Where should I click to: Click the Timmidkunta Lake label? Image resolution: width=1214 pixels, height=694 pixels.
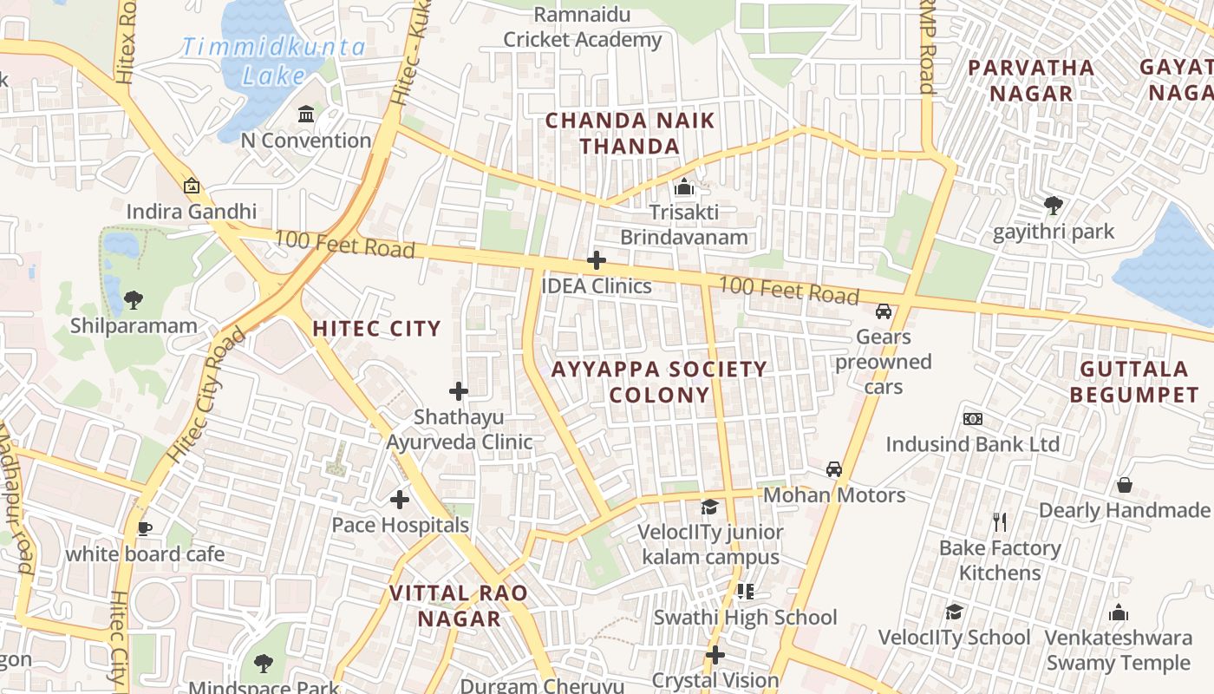[x=273, y=60]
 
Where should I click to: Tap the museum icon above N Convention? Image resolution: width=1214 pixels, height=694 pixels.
[x=306, y=115]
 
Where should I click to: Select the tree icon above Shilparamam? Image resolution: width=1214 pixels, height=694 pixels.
[x=134, y=300]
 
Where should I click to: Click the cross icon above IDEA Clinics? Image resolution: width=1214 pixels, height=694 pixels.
[x=596, y=260]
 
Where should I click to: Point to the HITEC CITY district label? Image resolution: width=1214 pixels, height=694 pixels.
[x=376, y=329]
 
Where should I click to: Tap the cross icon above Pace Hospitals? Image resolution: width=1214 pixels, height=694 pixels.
[x=399, y=500]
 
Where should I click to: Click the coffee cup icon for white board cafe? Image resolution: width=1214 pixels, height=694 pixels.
[x=145, y=528]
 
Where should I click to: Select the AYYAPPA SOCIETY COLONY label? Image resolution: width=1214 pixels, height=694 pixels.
[x=659, y=382]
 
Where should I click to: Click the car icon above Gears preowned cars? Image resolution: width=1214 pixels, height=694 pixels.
[x=884, y=311]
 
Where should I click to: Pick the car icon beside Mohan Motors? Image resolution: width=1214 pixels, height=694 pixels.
[x=834, y=469]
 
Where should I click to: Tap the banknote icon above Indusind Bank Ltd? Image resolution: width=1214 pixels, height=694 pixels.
[x=972, y=419]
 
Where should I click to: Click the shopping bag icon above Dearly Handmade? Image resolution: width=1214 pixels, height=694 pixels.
[x=1125, y=484]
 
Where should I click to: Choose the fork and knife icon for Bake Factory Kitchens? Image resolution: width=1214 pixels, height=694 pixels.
[x=1000, y=521]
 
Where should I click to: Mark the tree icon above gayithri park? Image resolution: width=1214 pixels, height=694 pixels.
[x=1054, y=206]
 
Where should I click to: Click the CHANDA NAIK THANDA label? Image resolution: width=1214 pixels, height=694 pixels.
[x=630, y=133]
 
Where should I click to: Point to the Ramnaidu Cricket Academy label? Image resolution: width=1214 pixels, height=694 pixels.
[x=583, y=27]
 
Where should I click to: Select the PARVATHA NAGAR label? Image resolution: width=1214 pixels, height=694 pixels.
[x=1031, y=80]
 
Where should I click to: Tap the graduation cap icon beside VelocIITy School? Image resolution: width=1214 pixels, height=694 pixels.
[x=954, y=612]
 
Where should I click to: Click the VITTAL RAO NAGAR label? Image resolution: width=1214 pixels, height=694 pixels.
[x=459, y=606]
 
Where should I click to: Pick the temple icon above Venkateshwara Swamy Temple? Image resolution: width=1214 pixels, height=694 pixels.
[x=1119, y=612]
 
